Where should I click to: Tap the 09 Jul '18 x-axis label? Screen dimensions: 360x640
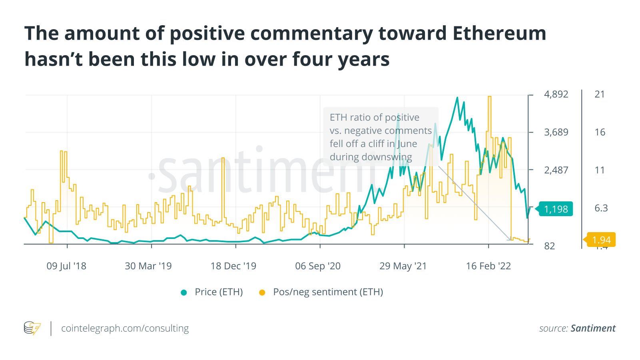(x=66, y=266)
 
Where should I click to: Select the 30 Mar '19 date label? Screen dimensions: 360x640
(x=148, y=266)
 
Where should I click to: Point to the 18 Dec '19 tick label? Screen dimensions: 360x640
(x=233, y=266)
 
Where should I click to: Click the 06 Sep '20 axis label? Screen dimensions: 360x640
(x=318, y=266)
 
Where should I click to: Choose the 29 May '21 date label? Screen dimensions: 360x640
(x=403, y=266)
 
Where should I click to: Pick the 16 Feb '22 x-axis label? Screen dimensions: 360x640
(x=488, y=266)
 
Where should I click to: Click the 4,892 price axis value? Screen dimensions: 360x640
(x=556, y=94)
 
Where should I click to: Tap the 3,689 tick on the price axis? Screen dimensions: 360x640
(x=556, y=132)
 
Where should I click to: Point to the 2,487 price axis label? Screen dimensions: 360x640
(x=556, y=170)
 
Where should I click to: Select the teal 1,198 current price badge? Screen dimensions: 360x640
(x=556, y=209)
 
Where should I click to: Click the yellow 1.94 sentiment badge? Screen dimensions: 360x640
(x=601, y=240)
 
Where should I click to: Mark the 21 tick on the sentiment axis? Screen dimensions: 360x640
(x=600, y=94)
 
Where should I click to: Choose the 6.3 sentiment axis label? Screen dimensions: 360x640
(x=601, y=208)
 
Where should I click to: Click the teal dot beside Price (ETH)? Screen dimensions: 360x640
(x=184, y=292)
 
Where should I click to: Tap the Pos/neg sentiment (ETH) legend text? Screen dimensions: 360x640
(x=328, y=292)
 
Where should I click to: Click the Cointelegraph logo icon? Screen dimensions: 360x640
(x=32, y=328)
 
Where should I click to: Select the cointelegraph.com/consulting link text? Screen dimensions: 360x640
(x=125, y=328)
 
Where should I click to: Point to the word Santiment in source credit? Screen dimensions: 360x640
(x=593, y=328)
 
